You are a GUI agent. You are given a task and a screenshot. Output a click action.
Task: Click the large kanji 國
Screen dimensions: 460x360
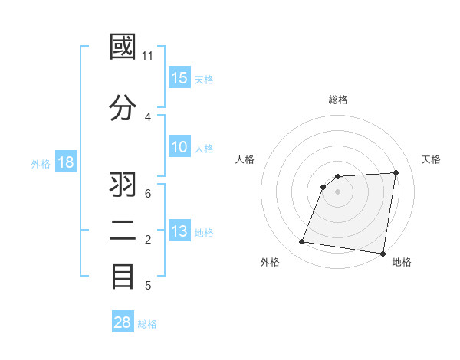click(123, 48)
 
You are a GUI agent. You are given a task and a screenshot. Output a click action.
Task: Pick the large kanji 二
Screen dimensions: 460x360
click(123, 230)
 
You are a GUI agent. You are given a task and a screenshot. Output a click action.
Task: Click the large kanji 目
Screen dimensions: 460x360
click(123, 276)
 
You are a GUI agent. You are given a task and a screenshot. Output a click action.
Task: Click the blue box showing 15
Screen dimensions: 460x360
click(179, 78)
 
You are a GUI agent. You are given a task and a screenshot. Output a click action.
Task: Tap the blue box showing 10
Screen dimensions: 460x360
click(179, 148)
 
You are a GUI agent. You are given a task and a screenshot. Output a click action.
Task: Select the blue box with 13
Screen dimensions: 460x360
click(179, 232)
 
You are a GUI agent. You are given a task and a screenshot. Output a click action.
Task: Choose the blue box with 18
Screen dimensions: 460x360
click(65, 162)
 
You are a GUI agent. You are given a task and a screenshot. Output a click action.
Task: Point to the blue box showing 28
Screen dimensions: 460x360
click(123, 322)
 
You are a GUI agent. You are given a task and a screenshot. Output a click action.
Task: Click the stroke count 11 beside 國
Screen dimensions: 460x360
click(148, 57)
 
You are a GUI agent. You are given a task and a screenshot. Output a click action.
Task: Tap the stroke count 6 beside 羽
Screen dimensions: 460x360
click(148, 193)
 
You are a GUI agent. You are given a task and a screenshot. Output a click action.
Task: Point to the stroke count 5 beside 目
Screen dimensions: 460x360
click(148, 286)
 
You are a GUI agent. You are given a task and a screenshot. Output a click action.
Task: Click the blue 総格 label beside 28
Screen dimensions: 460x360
click(148, 324)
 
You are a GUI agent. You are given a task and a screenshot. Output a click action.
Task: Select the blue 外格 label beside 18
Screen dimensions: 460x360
click(40, 163)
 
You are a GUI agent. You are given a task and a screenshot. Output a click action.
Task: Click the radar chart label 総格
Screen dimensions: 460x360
click(338, 100)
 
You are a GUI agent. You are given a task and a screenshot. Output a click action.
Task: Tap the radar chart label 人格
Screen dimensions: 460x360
click(245, 159)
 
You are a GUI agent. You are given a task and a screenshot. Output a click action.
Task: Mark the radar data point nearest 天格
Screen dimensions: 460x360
click(396, 172)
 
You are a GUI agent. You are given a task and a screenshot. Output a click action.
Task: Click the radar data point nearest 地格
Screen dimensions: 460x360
click(383, 254)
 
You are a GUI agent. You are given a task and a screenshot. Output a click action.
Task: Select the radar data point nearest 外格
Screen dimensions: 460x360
click(302, 242)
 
